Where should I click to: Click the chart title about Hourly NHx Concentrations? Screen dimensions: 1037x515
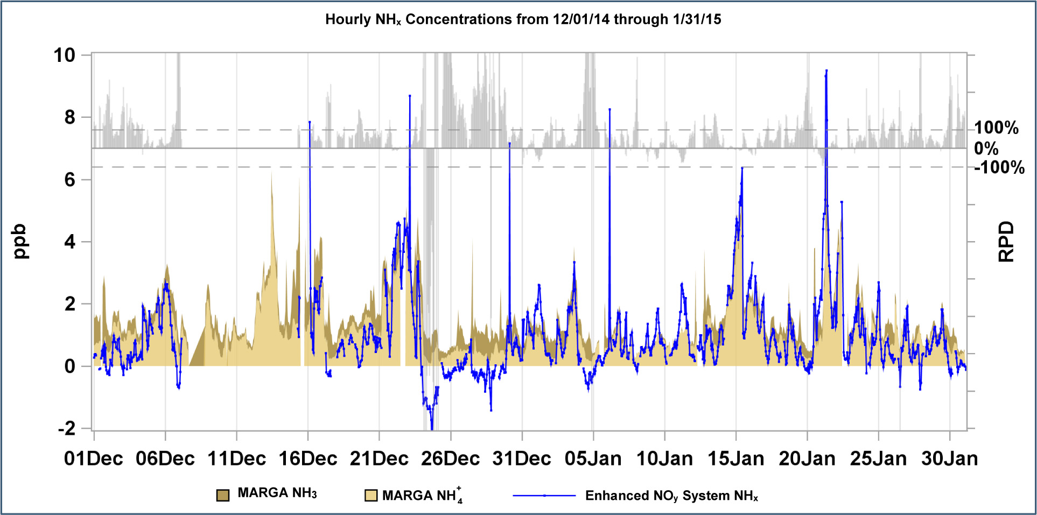(523, 19)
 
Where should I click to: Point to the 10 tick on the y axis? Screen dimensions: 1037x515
(65, 55)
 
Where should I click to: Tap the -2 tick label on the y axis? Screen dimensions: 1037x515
(67, 428)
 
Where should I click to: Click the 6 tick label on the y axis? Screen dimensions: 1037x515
(70, 180)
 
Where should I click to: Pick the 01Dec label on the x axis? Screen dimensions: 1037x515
(94, 458)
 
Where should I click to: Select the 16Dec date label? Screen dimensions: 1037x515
(308, 458)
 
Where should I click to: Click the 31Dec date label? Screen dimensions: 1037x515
(522, 458)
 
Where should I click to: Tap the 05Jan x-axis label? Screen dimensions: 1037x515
(593, 458)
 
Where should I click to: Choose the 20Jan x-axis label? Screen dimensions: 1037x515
(807, 458)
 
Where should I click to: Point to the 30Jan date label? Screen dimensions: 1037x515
(950, 458)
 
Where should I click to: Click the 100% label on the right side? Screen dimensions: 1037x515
(997, 128)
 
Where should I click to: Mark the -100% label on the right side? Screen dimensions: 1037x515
(999, 167)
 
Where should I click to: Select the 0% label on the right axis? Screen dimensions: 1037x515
(986, 148)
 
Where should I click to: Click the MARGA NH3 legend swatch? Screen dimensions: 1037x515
(223, 495)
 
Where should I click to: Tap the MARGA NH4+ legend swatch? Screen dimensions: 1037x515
(371, 495)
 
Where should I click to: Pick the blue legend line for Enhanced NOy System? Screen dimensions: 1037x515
(544, 496)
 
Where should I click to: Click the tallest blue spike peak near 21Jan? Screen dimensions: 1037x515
(826, 70)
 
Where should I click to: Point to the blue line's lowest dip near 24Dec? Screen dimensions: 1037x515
(432, 428)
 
